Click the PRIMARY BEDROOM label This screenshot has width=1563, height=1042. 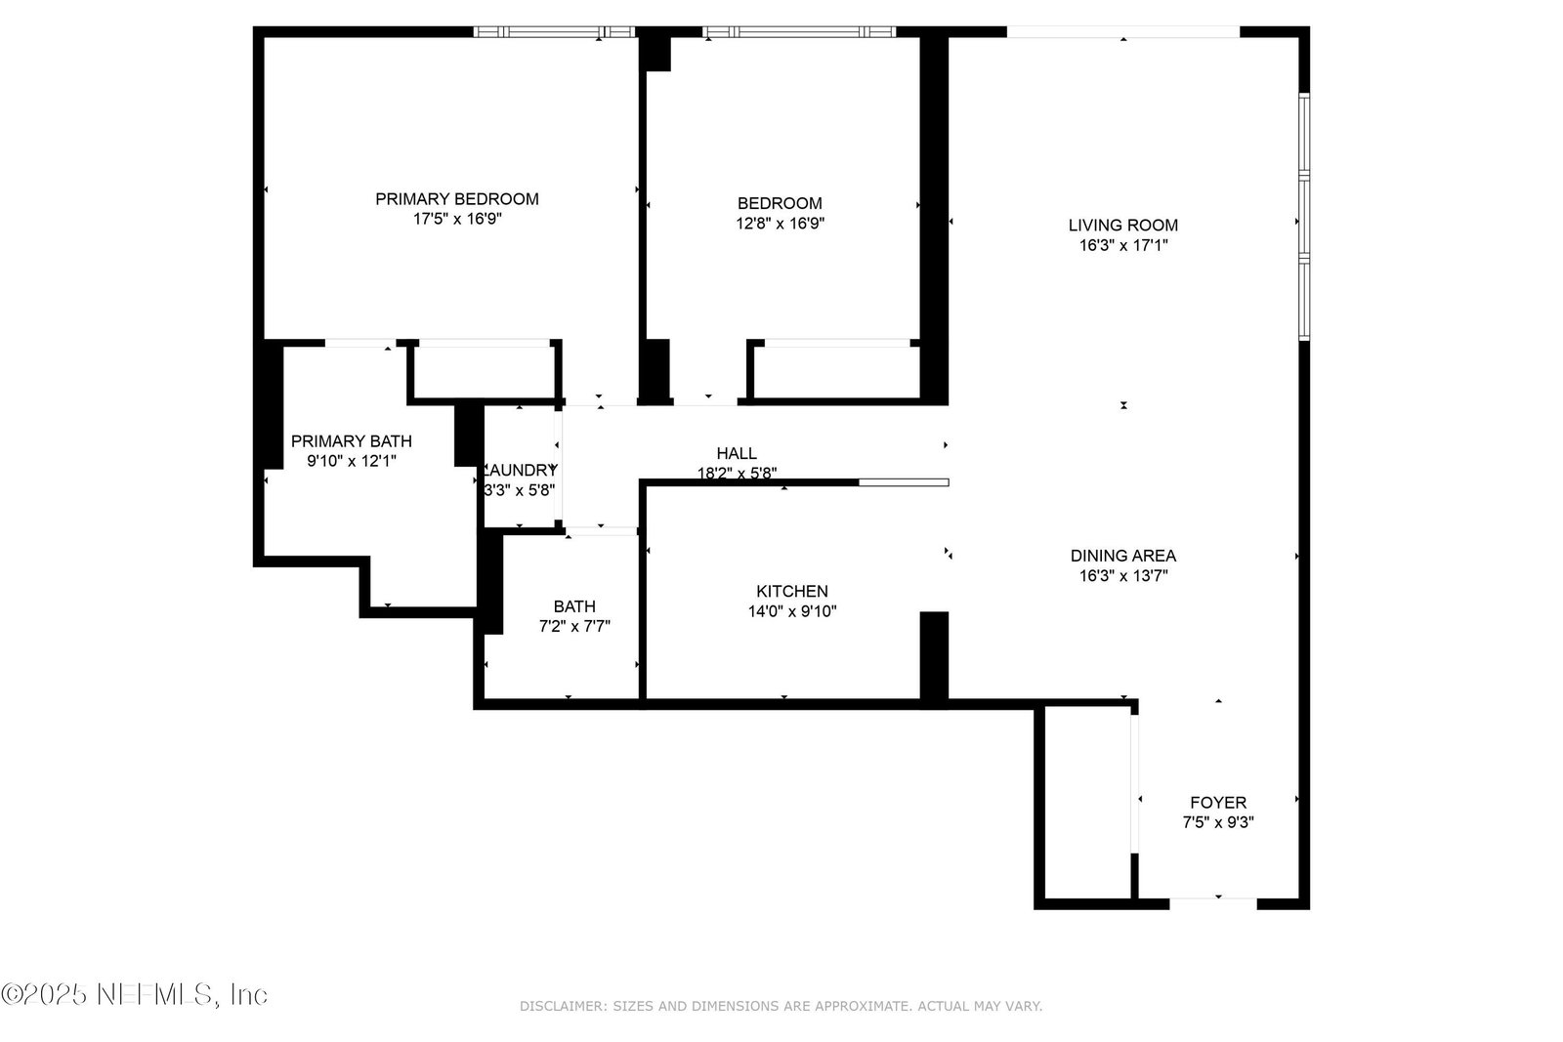(x=457, y=199)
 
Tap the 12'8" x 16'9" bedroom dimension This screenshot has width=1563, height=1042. (x=781, y=224)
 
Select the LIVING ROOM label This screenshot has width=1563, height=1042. (x=1123, y=226)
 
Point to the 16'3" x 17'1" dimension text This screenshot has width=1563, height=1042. (x=1123, y=245)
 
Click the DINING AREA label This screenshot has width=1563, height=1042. (x=1123, y=556)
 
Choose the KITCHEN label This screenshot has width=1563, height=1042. (x=792, y=592)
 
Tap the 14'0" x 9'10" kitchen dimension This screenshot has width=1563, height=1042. (x=792, y=611)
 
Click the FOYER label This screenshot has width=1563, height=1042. (x=1218, y=803)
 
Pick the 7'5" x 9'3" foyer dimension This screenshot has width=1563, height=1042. (x=1218, y=822)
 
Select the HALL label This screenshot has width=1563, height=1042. (x=737, y=453)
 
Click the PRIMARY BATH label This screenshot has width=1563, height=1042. (x=352, y=441)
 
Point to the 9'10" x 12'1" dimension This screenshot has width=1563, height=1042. (x=352, y=461)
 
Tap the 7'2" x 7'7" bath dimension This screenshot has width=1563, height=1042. (x=574, y=626)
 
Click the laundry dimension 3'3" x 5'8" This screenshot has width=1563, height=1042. (x=520, y=490)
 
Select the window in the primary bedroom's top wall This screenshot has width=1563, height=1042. (x=554, y=31)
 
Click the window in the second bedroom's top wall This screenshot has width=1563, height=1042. (x=799, y=31)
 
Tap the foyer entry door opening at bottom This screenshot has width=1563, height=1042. (x=1212, y=903)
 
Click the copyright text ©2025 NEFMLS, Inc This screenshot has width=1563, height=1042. (x=134, y=994)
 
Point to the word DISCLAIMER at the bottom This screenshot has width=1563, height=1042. (x=563, y=1006)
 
